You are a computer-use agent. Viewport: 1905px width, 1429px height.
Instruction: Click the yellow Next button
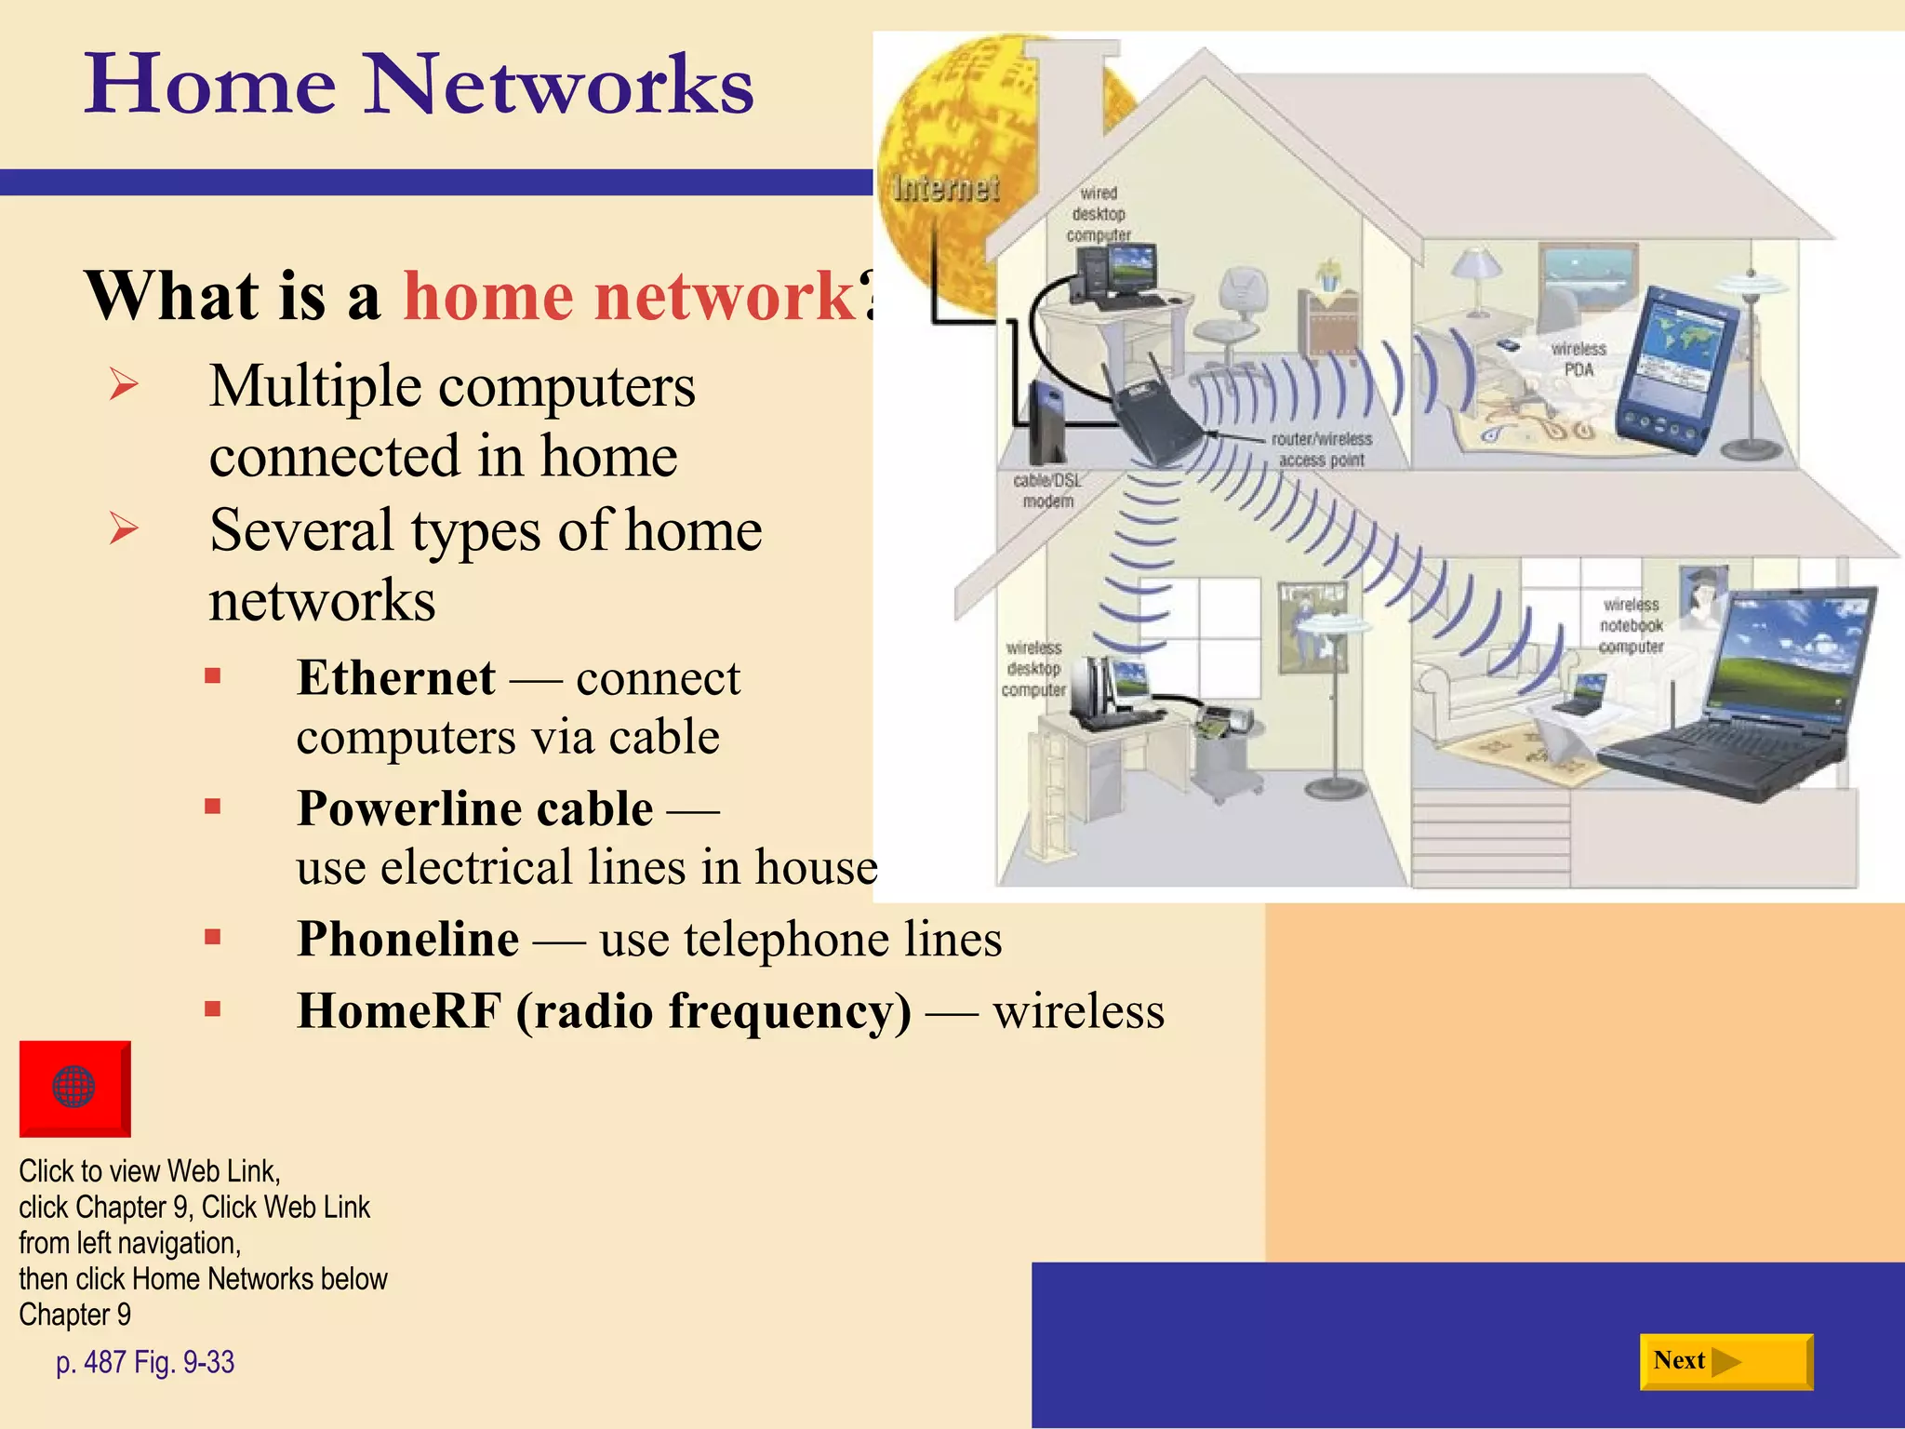pos(1725,1361)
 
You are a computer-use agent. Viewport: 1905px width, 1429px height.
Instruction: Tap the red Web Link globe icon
pos(74,1088)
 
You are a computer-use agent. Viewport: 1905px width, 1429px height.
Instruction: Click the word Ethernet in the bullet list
pos(396,677)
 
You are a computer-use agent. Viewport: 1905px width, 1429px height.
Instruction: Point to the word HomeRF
pos(399,1011)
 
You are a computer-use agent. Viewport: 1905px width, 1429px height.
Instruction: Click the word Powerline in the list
pos(402,808)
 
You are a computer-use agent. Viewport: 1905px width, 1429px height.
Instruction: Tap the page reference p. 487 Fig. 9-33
pos(145,1362)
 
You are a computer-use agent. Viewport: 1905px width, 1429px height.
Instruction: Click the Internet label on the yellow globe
pos(945,189)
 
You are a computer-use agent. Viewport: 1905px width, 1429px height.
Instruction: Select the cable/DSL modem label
pos(1047,490)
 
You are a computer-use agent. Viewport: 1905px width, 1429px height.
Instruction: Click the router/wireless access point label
pos(1321,449)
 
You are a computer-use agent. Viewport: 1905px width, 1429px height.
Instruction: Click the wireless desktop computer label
pos(1033,669)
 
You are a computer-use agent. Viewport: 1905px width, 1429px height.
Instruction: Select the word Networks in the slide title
pos(558,86)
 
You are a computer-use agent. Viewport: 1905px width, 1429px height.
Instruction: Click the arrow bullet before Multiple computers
pos(123,384)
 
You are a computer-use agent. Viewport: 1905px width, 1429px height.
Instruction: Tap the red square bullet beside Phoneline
pos(213,937)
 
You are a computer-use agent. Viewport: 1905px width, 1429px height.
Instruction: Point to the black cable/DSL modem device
pos(1048,423)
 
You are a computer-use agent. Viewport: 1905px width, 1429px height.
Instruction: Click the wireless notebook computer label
pos(1632,626)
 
